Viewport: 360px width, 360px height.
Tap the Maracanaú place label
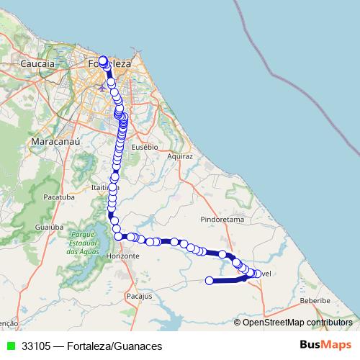pos(55,143)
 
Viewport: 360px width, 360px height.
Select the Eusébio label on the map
pos(145,146)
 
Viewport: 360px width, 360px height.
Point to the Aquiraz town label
pos(180,156)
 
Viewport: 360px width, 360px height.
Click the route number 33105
pos(36,346)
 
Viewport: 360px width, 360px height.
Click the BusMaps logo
pos(325,346)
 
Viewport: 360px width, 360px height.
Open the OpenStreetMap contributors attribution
pos(297,322)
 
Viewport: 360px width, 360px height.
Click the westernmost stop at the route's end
pos(210,281)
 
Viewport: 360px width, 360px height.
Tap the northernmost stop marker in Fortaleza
pos(102,60)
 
